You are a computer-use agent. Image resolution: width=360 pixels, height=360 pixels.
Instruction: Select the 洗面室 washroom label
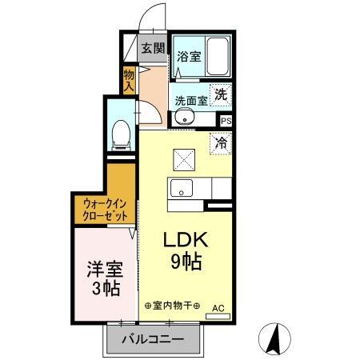(x=191, y=101)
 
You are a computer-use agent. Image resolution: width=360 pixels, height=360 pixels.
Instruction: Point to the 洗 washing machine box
(x=221, y=92)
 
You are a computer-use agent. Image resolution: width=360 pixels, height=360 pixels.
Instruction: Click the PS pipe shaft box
(x=226, y=121)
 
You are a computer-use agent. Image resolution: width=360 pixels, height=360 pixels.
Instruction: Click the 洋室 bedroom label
(x=104, y=268)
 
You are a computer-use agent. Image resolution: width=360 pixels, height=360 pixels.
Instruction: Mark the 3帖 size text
(x=104, y=288)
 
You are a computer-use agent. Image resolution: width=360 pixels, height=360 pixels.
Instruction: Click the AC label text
(x=218, y=306)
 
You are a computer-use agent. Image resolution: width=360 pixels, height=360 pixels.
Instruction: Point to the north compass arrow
(x=275, y=339)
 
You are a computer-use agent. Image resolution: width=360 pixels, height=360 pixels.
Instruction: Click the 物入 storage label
(x=129, y=78)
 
